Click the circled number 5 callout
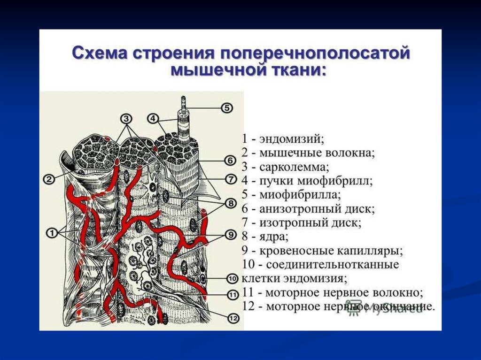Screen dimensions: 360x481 (x=227, y=108)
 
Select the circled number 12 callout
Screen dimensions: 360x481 (x=233, y=318)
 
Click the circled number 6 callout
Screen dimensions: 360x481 (x=230, y=161)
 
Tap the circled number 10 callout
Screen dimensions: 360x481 (x=233, y=278)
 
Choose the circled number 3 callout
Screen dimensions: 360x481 (x=127, y=118)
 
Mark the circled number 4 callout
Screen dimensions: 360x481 (x=153, y=118)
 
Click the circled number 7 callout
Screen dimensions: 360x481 (x=230, y=178)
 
